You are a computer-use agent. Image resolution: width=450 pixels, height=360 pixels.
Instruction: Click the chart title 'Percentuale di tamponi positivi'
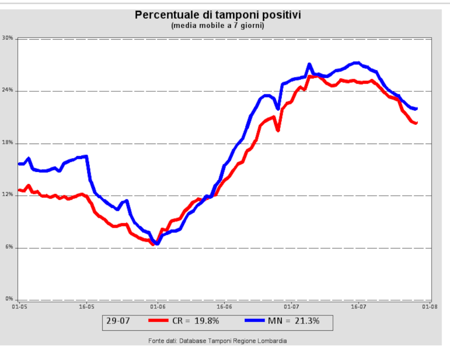coord(218,15)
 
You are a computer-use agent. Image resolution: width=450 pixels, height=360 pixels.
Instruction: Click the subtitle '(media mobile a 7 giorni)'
coord(218,26)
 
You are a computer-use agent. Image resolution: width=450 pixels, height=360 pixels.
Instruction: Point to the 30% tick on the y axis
coord(8,38)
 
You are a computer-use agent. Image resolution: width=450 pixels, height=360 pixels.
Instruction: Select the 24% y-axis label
coord(8,90)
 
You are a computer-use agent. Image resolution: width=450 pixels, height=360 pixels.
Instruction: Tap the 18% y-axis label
coord(8,143)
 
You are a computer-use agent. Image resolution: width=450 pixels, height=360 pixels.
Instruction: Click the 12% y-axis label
coord(8,195)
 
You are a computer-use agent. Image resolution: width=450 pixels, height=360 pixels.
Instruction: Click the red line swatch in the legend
coord(158,321)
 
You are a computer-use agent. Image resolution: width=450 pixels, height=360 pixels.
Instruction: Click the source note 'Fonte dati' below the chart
coord(217,341)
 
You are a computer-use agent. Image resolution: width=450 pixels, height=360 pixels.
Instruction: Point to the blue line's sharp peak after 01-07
coord(309,64)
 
